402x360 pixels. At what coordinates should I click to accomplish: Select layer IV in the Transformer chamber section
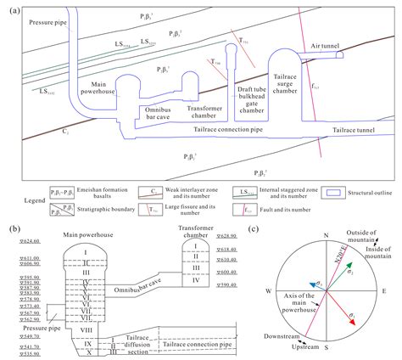coord(197,281)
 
